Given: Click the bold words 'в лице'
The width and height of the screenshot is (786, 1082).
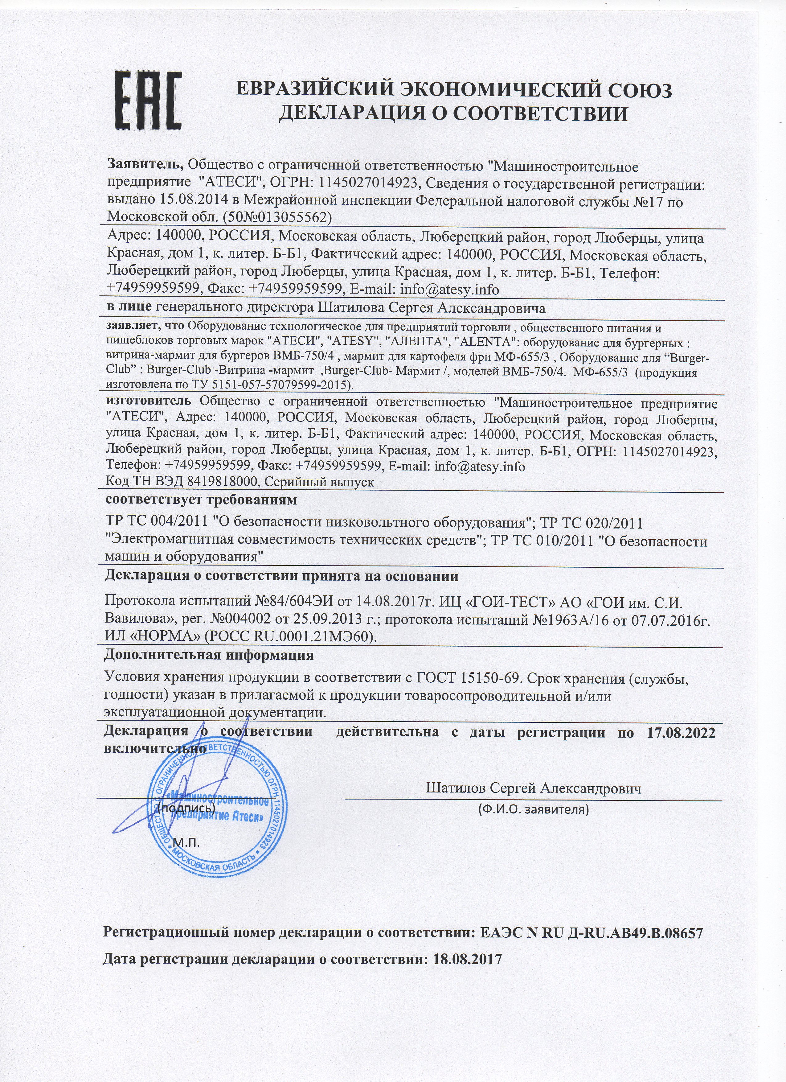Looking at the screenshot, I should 129,308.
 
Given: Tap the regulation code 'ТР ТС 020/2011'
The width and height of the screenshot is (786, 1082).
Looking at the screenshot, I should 592,523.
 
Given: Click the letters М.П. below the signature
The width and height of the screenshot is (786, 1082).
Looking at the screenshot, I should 187,841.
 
